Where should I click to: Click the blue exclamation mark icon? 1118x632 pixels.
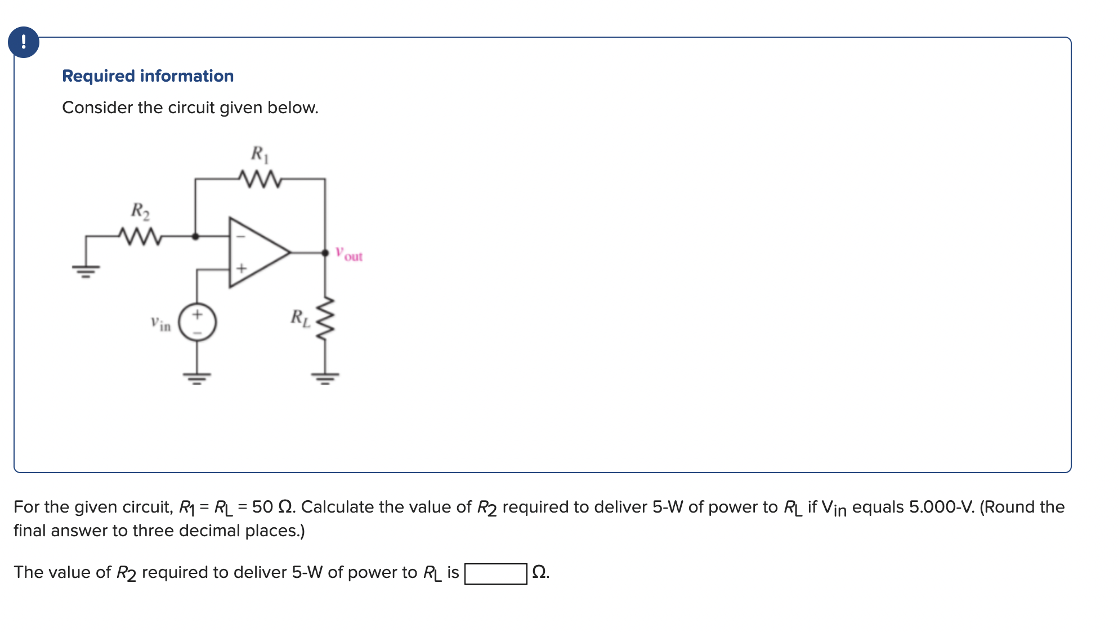point(24,42)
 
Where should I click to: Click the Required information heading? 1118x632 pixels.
point(147,76)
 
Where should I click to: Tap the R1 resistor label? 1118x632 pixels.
point(260,154)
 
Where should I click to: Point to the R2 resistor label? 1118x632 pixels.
point(140,211)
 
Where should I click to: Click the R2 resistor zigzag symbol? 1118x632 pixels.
point(140,236)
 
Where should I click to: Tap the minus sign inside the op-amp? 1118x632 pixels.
point(240,237)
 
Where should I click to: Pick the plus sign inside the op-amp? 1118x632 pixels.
point(241,268)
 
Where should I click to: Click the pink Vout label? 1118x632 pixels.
point(349,254)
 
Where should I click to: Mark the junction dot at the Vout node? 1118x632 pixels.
point(325,253)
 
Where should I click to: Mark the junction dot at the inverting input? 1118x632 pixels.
point(195,237)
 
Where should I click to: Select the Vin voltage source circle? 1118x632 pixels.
point(197,323)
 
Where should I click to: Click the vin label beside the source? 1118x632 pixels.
point(160,324)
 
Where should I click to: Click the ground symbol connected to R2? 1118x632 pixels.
point(86,271)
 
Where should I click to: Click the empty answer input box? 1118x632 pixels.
point(495,573)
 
